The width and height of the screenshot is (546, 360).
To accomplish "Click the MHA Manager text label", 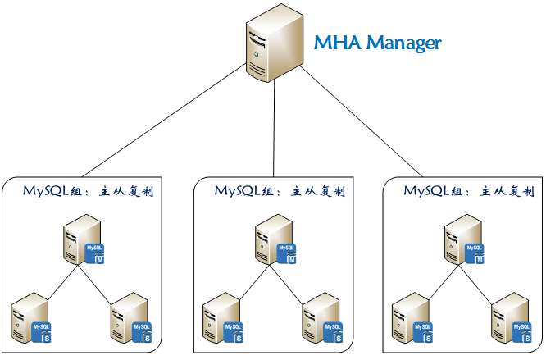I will click(x=379, y=43).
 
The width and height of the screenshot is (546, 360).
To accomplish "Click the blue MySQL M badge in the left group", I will click(x=96, y=252).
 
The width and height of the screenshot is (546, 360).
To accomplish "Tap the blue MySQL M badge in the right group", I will click(x=475, y=252).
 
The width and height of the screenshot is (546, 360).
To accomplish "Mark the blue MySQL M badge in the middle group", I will click(x=286, y=252).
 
